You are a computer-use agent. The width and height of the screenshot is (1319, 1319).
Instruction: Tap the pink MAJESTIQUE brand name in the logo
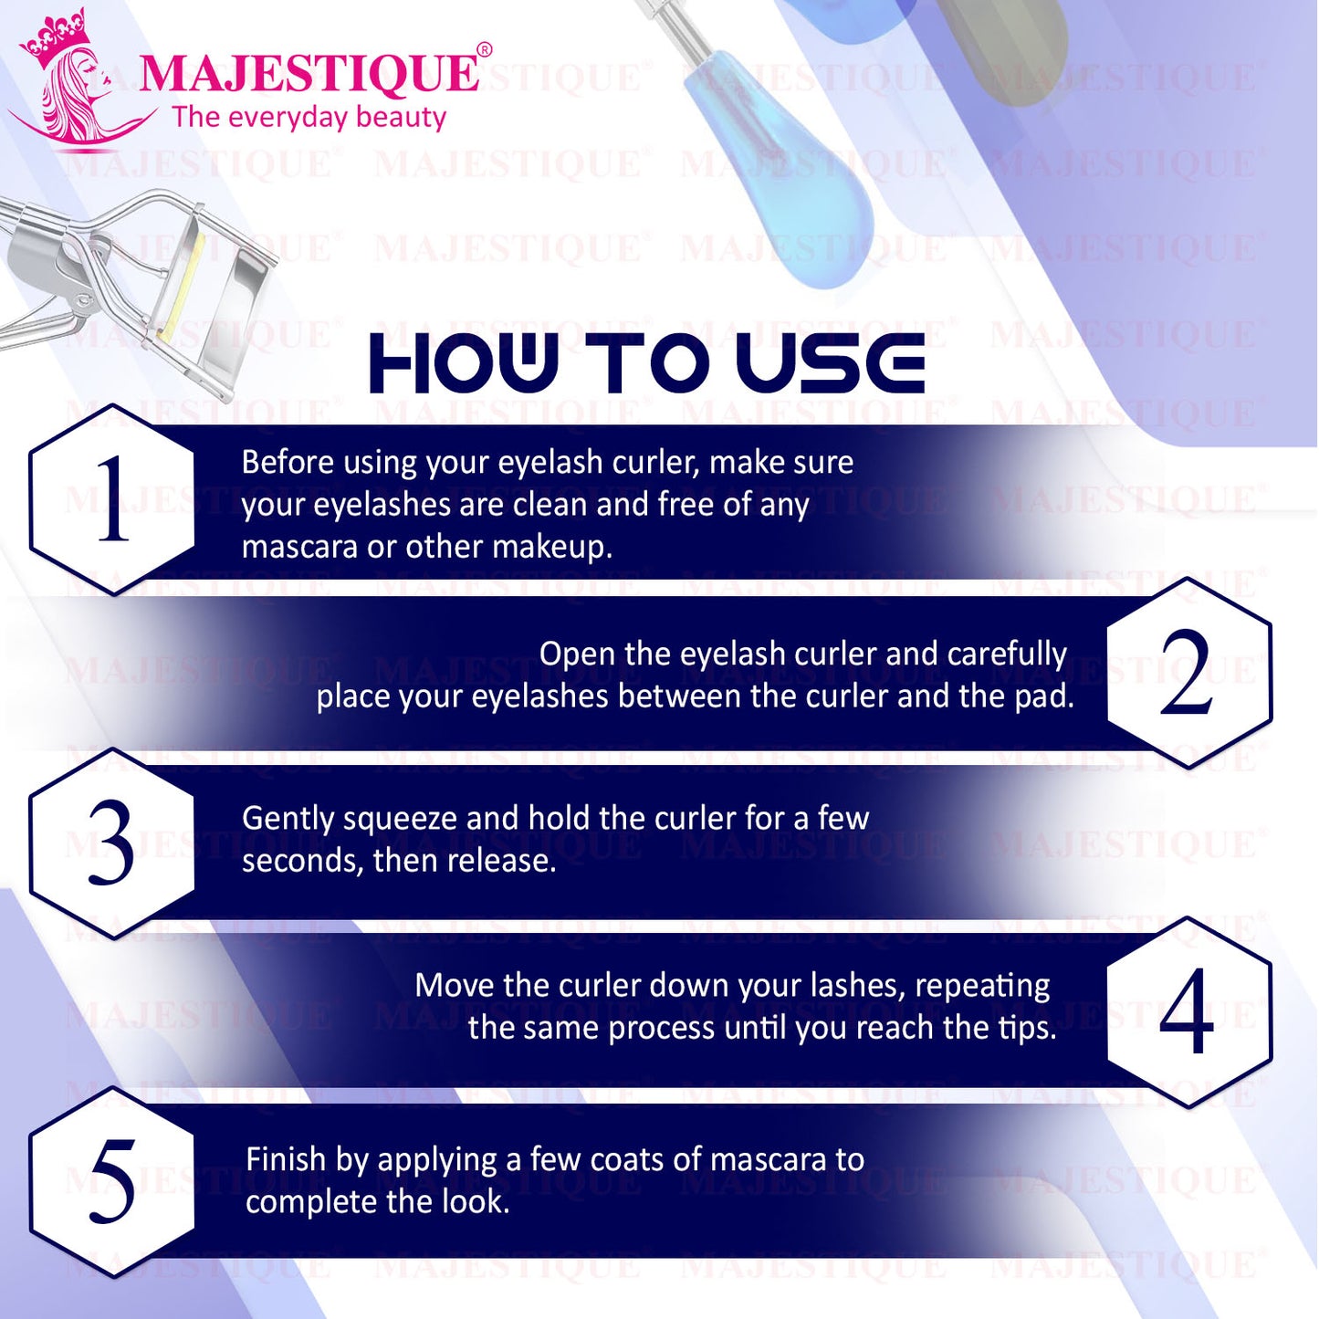tap(309, 74)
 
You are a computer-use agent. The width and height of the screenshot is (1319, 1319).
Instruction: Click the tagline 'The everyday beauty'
tap(309, 118)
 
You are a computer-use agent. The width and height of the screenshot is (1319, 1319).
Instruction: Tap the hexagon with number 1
tap(112, 499)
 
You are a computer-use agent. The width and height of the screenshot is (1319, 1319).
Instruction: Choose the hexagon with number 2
tap(1189, 673)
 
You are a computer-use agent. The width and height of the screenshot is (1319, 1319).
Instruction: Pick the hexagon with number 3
tap(112, 843)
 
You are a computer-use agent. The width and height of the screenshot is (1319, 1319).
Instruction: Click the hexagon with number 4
tap(1189, 1012)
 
